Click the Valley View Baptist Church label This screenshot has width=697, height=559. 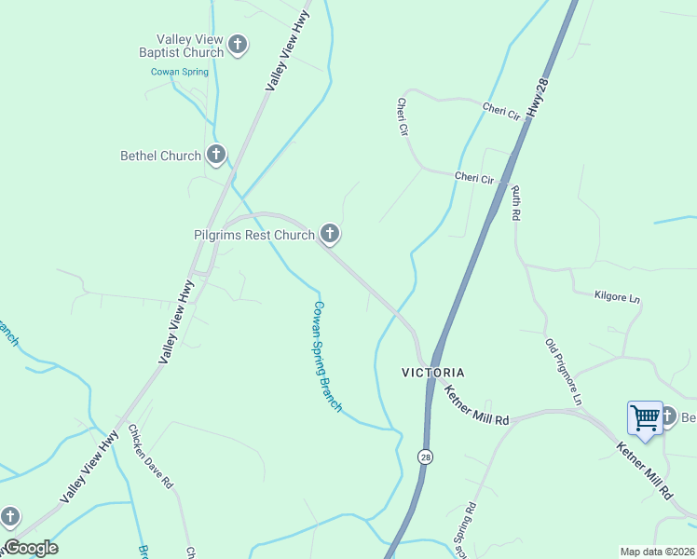[182, 46]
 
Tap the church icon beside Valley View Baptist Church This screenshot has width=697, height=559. [238, 44]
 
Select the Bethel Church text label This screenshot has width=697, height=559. [160, 156]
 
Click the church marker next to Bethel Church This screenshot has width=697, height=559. [216, 154]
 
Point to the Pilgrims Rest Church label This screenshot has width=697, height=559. [254, 235]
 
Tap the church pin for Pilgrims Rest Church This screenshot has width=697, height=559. [329, 233]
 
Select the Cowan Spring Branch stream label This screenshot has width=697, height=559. [327, 356]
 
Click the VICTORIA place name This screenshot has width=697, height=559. [432, 372]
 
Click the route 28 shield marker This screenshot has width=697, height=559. [425, 457]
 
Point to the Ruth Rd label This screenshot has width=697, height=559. [515, 202]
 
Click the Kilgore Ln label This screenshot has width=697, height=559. [618, 297]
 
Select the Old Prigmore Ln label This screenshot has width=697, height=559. [563, 371]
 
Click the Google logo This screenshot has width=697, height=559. [31, 548]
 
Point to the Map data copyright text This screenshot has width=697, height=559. [657, 552]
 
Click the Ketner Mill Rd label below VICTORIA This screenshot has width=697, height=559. [476, 406]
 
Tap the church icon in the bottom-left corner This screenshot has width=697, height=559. [10, 515]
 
